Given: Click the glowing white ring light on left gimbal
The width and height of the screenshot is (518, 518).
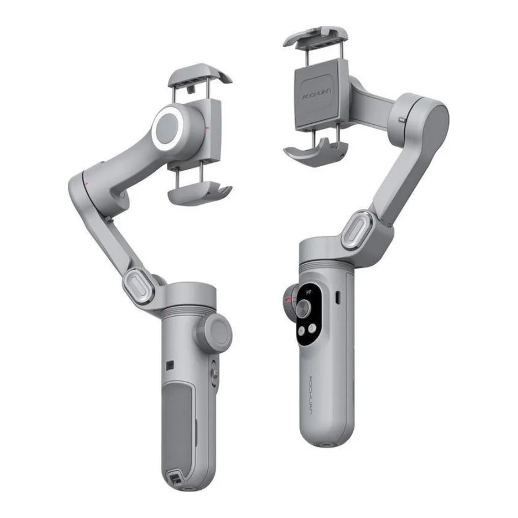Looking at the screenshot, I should [170, 125].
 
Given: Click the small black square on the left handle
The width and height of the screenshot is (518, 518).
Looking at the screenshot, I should [170, 364].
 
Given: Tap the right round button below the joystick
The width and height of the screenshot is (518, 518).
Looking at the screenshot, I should [312, 327].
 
